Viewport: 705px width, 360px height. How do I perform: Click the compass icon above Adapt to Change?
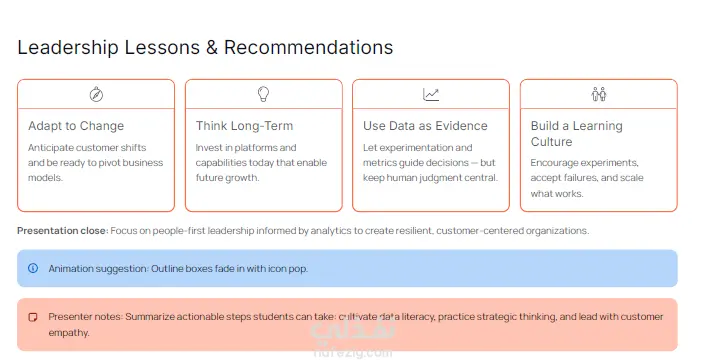(x=96, y=94)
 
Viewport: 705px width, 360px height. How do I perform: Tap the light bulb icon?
(x=263, y=94)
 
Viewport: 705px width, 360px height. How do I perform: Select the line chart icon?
(x=431, y=94)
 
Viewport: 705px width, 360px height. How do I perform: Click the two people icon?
(x=598, y=94)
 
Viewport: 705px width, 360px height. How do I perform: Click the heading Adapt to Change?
(x=76, y=126)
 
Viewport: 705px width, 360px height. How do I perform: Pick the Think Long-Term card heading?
(x=244, y=126)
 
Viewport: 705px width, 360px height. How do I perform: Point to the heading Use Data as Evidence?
(x=425, y=126)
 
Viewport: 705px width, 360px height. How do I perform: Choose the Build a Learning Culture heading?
(x=576, y=133)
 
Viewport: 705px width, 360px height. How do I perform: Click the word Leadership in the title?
(x=68, y=47)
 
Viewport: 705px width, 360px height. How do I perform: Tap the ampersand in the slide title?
(x=211, y=47)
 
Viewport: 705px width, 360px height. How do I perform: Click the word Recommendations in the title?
(x=308, y=47)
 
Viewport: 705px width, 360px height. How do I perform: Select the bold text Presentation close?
(x=62, y=231)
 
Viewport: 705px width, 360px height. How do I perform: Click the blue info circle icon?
(x=33, y=268)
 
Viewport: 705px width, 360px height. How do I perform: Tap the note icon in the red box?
(x=33, y=317)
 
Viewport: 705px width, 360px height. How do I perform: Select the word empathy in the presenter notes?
(x=68, y=333)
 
